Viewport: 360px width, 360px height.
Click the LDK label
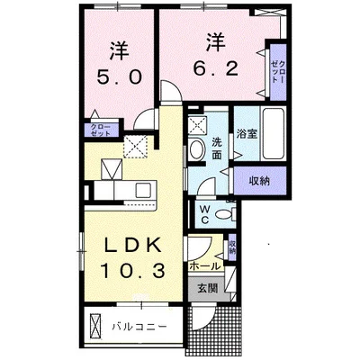pos(133,246)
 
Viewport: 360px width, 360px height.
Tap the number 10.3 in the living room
pos(132,270)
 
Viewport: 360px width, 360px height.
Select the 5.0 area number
pos(119,78)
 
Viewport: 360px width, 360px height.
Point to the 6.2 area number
pos(215,69)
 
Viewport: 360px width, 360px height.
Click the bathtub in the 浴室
pos(273,133)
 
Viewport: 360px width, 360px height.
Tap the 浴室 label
pos(247,134)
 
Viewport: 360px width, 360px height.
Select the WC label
pos(205,214)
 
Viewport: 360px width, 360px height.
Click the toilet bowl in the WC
pos(224,214)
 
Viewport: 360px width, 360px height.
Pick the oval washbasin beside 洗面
pos(197,148)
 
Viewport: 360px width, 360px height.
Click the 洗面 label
pos(217,148)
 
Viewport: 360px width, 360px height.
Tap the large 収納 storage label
pos(259,181)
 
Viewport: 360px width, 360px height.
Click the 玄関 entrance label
pos(208,288)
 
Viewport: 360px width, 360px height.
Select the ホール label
pos(205,265)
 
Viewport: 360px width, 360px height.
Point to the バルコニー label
pos(139,327)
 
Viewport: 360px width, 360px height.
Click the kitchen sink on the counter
pos(143,190)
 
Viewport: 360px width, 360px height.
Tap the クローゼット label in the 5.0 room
pos(102,130)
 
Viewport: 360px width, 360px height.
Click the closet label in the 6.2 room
pos(278,72)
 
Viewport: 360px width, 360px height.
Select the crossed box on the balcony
pos(95,326)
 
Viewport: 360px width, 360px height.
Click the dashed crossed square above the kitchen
pos(135,146)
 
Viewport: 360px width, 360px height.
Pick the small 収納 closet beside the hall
pos(231,247)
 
